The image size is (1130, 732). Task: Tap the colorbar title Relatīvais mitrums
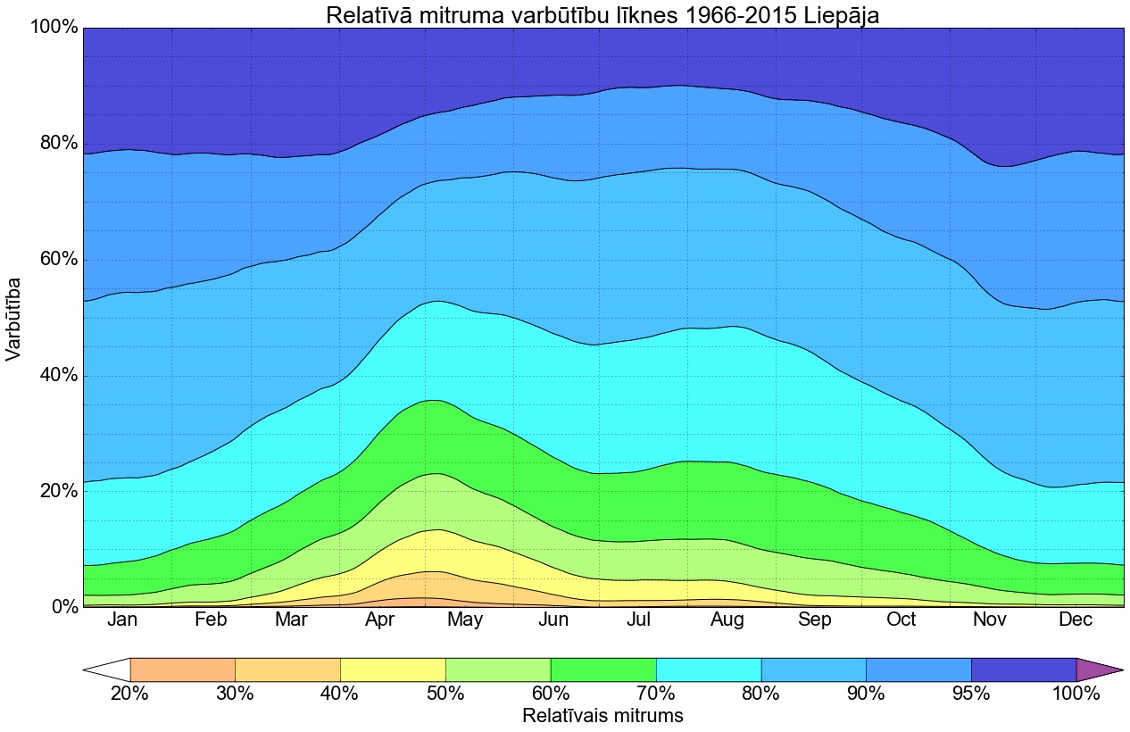tap(602, 716)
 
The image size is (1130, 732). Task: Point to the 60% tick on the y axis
tap(55, 260)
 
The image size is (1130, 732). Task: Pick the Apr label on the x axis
tap(381, 620)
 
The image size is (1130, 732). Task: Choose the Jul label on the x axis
tap(639, 620)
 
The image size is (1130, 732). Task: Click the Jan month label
tap(122, 620)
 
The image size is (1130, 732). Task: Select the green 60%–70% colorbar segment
tap(603, 670)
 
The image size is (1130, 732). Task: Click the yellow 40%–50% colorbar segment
tap(393, 670)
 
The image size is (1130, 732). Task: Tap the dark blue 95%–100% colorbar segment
tap(1023, 670)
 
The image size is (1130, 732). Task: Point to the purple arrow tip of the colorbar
tap(1102, 670)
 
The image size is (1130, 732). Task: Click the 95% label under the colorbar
tap(971, 694)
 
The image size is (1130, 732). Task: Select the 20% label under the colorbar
tap(130, 694)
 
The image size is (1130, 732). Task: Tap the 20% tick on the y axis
tap(55, 491)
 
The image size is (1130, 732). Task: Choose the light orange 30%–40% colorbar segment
tap(287, 670)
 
